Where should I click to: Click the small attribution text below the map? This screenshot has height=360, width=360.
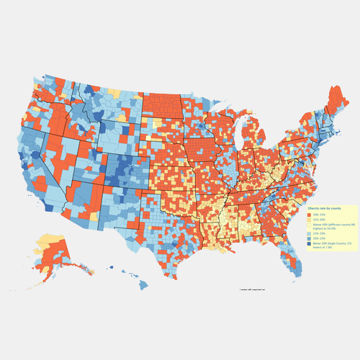[252, 289]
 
